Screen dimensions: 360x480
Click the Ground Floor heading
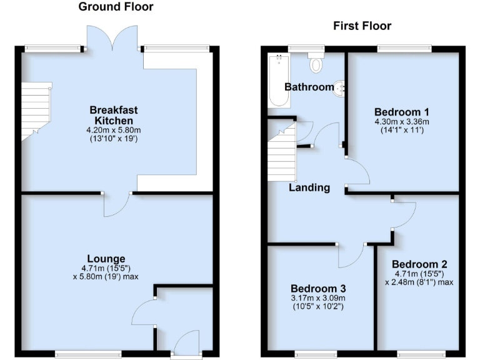pos(116,7)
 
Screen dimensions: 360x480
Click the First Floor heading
pos(362,26)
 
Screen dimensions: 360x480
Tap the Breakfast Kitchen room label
pos(113,115)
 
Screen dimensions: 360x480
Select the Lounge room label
pos(106,259)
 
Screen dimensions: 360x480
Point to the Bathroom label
pos(309,87)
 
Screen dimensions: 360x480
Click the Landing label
pos(309,187)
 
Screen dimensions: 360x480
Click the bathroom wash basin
pos(340,87)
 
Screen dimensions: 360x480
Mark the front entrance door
pos(186,344)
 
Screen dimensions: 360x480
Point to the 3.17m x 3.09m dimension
pos(318,298)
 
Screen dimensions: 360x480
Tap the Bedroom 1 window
pos(404,47)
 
